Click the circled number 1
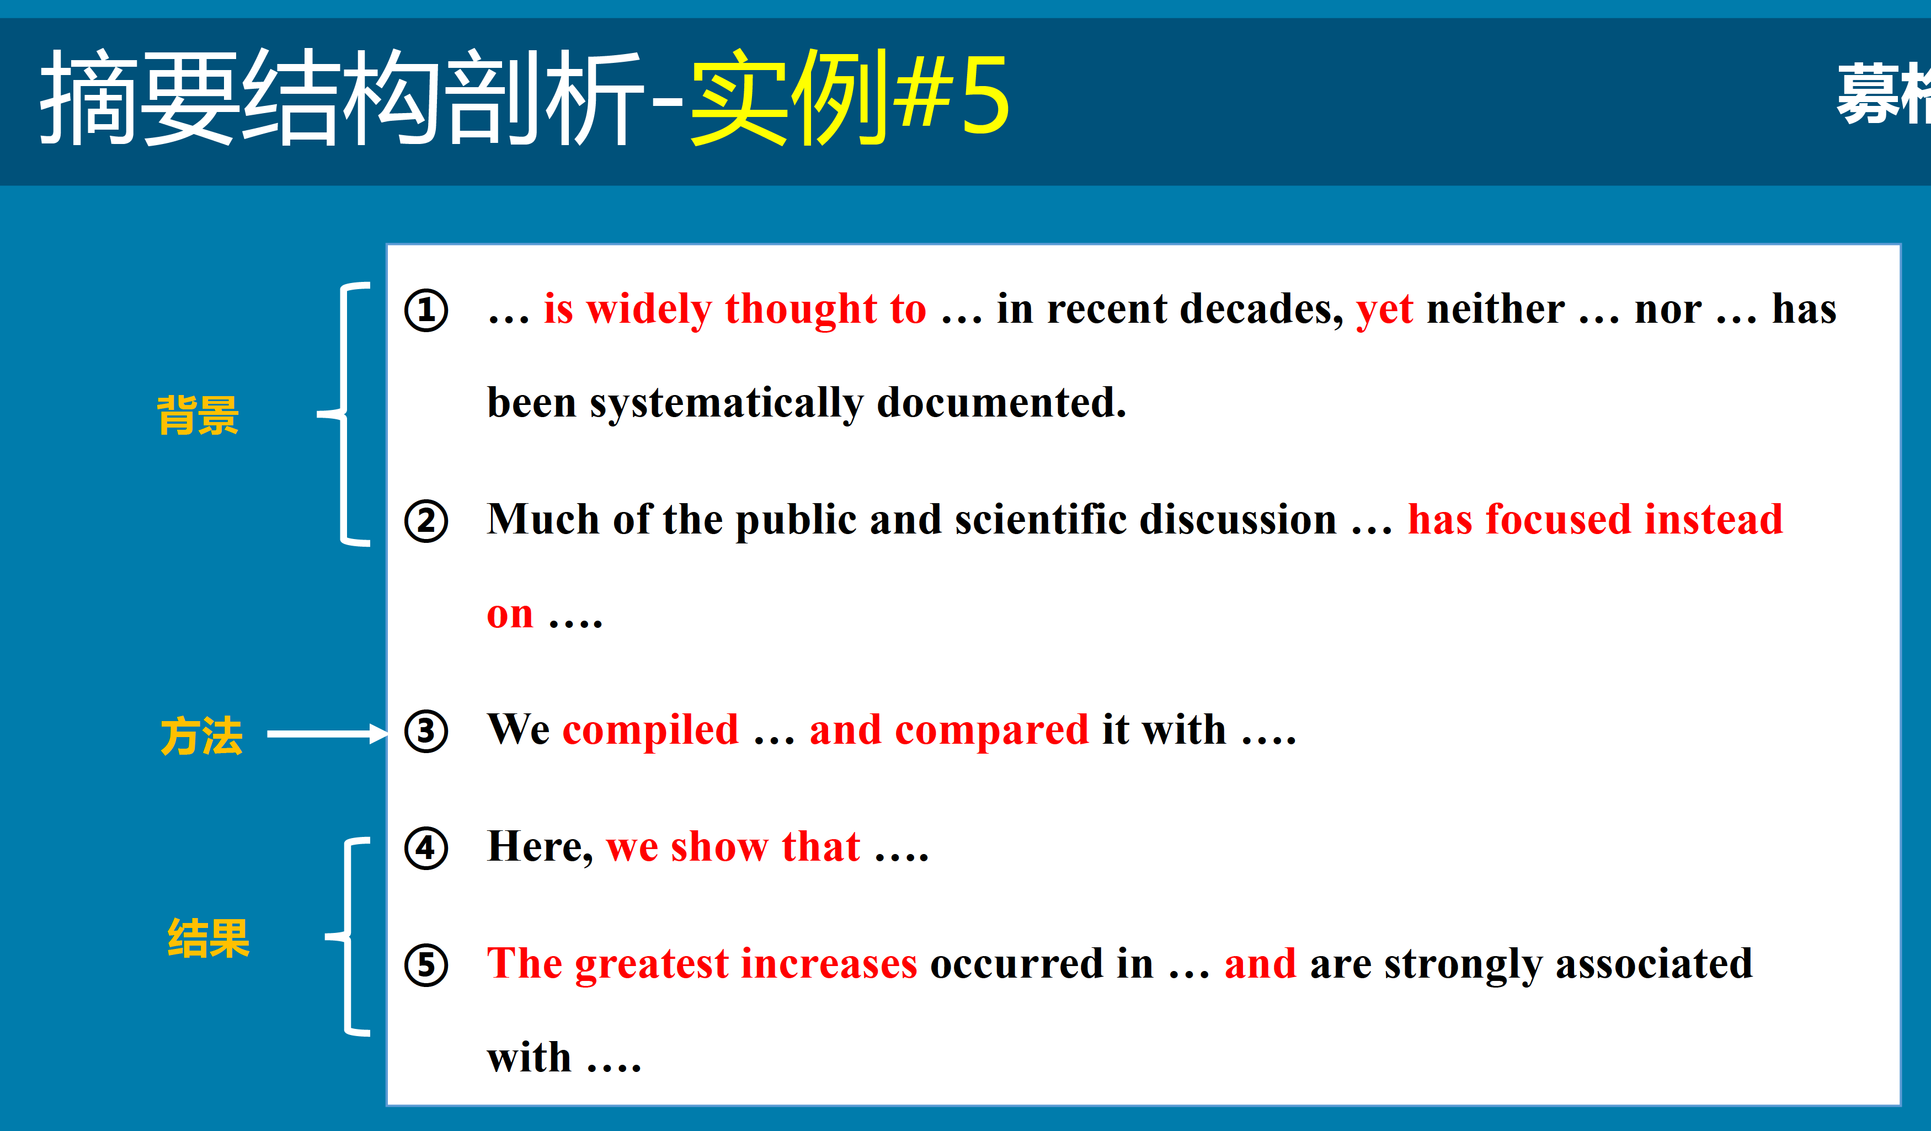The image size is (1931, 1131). click(426, 310)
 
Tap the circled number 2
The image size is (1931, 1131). click(426, 521)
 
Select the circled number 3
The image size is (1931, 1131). click(426, 731)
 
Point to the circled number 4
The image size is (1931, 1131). click(426, 849)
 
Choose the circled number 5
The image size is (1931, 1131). click(426, 965)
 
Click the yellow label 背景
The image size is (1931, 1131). click(198, 415)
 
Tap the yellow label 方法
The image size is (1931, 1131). click(201, 735)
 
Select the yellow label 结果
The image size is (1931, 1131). click(209, 938)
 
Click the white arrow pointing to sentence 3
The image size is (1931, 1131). click(328, 734)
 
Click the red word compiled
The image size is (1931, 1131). click(650, 730)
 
